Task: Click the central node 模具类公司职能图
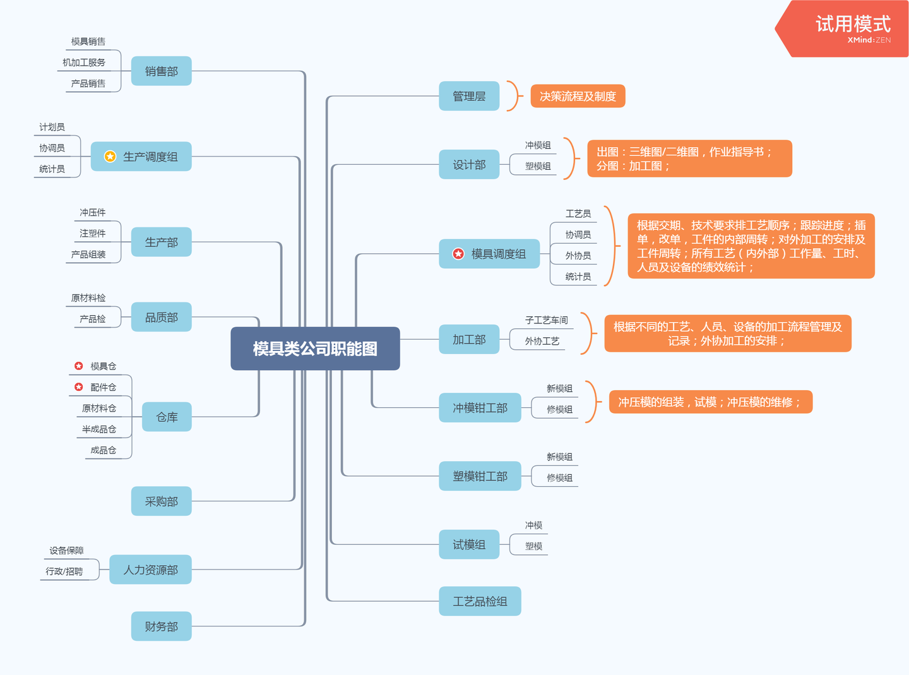click(315, 349)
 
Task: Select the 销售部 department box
click(161, 71)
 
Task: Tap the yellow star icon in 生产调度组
click(110, 157)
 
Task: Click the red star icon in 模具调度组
click(458, 254)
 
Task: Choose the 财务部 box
click(161, 626)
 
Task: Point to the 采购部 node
click(161, 501)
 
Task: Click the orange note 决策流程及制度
click(578, 96)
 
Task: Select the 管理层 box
click(469, 96)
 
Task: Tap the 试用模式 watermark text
click(853, 24)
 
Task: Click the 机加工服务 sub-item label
click(84, 63)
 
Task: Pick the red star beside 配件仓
click(79, 387)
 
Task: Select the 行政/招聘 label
click(64, 571)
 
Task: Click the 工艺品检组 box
click(480, 601)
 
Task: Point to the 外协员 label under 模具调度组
click(578, 256)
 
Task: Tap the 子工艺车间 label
click(546, 320)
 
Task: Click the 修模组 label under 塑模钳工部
click(559, 478)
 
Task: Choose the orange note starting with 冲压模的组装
click(710, 402)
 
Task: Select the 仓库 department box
click(167, 417)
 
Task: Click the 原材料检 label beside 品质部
click(88, 298)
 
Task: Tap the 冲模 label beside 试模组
click(533, 525)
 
